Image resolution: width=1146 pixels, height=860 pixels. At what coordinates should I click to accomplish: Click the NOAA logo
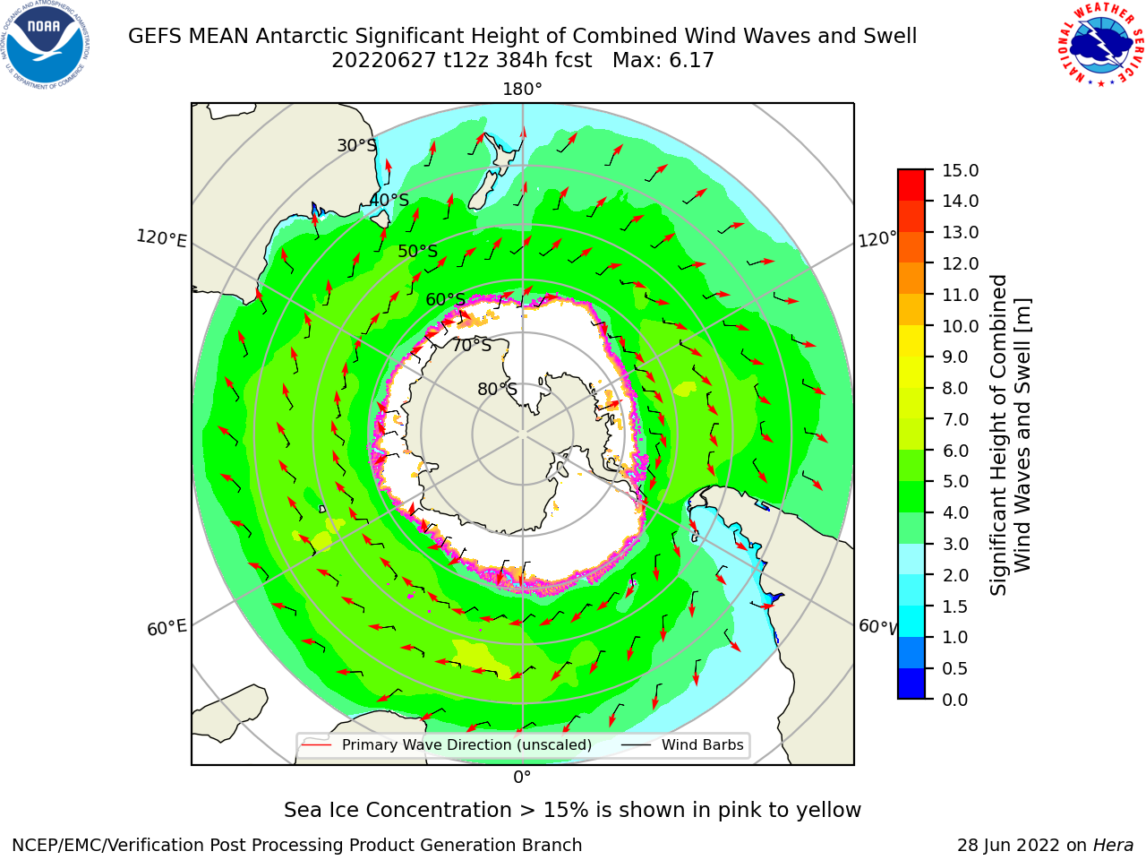[x=45, y=45]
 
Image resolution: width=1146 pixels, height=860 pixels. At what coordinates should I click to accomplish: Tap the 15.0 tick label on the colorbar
[x=960, y=170]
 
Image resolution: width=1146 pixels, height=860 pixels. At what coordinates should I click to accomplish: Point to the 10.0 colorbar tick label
[x=960, y=326]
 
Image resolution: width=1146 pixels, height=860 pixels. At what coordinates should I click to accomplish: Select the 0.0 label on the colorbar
[x=955, y=700]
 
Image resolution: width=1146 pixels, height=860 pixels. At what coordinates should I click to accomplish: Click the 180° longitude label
[x=522, y=90]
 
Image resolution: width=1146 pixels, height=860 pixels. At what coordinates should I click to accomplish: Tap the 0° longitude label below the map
[x=522, y=778]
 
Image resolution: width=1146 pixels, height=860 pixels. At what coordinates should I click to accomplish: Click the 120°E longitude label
[x=161, y=238]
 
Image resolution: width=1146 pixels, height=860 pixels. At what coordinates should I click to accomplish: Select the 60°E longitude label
[x=167, y=628]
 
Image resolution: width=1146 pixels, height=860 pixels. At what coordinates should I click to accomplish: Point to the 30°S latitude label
[x=356, y=145]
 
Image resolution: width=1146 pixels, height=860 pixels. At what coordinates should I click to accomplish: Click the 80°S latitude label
[x=497, y=389]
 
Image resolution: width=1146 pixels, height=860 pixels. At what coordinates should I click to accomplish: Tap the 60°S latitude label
[x=445, y=299]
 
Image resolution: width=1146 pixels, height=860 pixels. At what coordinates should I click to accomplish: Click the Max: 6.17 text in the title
[x=663, y=61]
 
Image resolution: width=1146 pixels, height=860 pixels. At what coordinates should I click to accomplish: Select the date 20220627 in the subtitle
[x=383, y=61]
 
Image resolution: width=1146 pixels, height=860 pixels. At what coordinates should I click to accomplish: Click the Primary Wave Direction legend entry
[x=447, y=744]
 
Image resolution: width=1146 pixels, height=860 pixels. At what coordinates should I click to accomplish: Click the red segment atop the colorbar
[x=911, y=185]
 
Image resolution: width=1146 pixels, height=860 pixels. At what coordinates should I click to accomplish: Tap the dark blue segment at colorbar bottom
[x=911, y=684]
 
